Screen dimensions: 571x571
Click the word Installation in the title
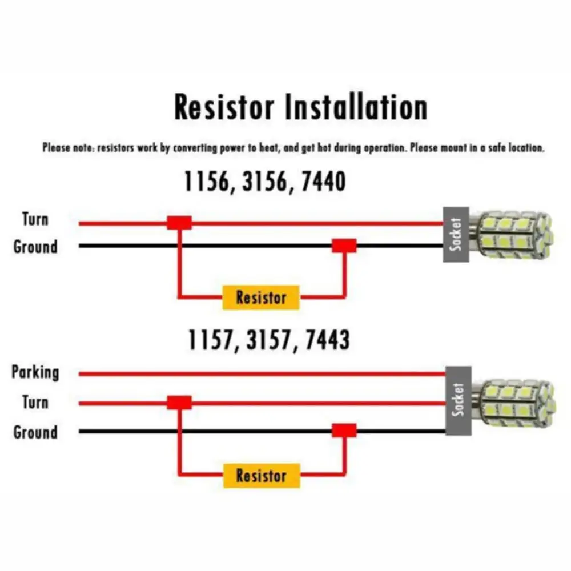[x=355, y=108]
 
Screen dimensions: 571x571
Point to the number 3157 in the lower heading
[x=268, y=340]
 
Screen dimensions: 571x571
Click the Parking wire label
[x=35, y=373]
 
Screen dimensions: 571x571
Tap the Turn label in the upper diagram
[x=35, y=219]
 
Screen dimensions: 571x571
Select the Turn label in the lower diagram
[x=35, y=402]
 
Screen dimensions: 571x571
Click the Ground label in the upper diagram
[x=35, y=247]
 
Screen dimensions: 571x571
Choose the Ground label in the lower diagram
[x=35, y=432]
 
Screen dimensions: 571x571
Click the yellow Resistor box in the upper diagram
[x=261, y=297]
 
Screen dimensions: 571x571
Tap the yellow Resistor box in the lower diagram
[x=261, y=476]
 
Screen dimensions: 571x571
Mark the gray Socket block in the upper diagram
[x=456, y=235]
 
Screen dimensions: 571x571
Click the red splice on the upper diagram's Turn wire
[x=179, y=223]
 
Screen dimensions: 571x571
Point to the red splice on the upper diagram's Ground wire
[x=344, y=246]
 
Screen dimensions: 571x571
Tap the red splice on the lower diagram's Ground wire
[x=344, y=431]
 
